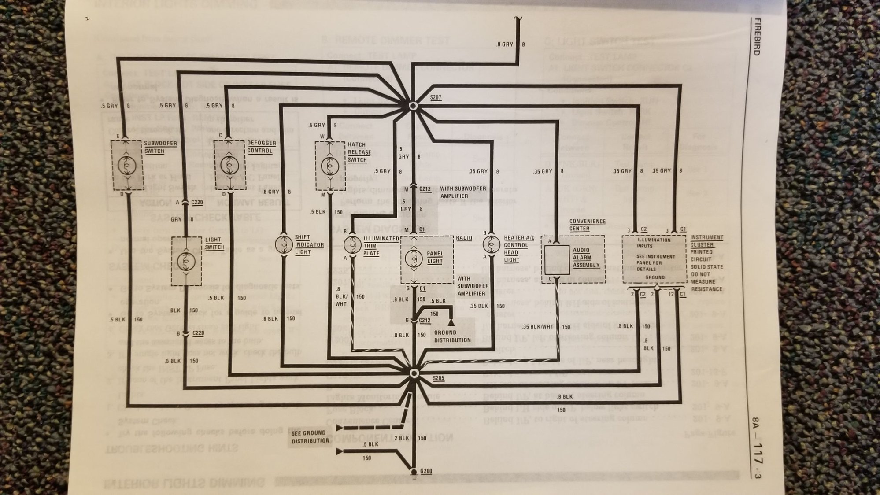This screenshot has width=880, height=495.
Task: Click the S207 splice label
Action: pos(436,97)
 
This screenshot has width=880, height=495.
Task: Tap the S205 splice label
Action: pos(438,378)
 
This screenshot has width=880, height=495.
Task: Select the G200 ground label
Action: pos(426,471)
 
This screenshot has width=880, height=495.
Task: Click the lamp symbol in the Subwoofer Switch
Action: pos(126,166)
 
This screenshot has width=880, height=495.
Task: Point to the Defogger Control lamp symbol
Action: pos(229,165)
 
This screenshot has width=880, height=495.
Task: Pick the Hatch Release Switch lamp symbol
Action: pos(330,166)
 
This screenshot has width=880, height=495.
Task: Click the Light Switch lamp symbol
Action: pos(185,262)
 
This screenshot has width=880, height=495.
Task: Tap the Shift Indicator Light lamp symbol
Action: pos(284,244)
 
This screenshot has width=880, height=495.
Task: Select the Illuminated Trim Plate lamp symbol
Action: pos(352,244)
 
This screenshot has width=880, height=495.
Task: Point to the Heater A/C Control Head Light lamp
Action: pos(491,244)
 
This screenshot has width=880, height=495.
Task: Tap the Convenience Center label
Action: pos(587,225)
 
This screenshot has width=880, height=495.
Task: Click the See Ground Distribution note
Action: pos(310,437)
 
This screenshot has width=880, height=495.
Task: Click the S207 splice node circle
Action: pos(413,106)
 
